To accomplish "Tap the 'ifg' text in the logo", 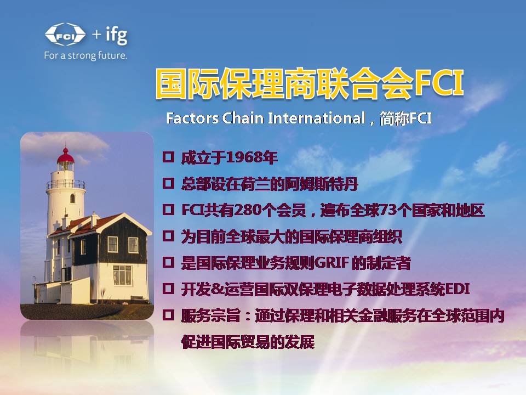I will tap(116, 35).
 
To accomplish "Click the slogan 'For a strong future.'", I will tap(85, 55).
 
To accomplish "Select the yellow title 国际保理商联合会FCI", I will tap(310, 84).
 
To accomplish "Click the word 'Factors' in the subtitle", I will tap(192, 119).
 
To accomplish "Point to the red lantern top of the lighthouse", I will tap(66, 158).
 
